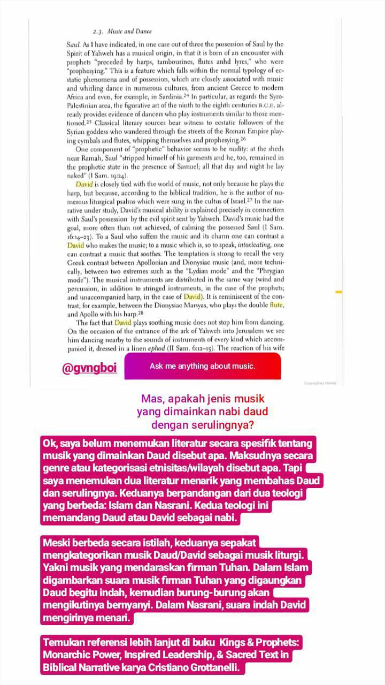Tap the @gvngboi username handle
(x=89, y=367)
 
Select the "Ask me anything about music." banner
(x=202, y=367)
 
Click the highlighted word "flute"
(x=276, y=305)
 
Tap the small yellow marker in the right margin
(x=338, y=292)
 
